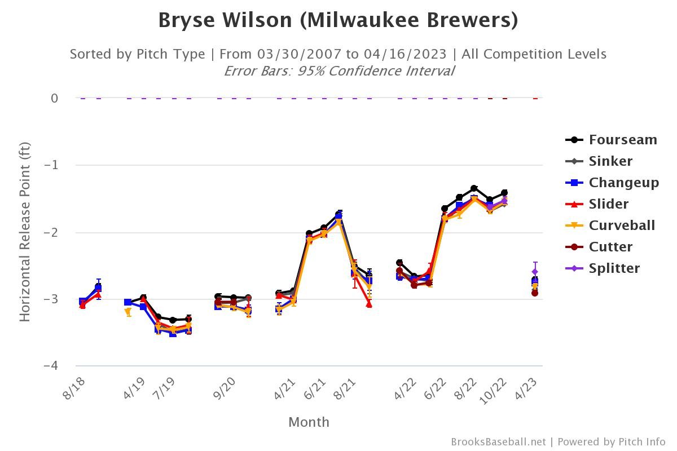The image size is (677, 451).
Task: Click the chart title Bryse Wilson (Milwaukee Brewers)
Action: pos(338,20)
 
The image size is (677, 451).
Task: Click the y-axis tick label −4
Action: pos(51,366)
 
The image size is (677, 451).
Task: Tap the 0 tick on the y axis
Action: pos(54,98)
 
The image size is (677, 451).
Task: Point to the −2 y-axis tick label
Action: pos(51,232)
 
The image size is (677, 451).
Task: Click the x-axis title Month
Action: pos(309,422)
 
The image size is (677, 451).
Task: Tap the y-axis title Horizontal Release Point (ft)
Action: pos(25,232)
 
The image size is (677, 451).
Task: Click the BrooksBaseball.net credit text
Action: pos(498,442)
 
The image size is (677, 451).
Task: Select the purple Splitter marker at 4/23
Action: pos(535,272)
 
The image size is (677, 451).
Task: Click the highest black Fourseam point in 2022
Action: pos(474,188)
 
